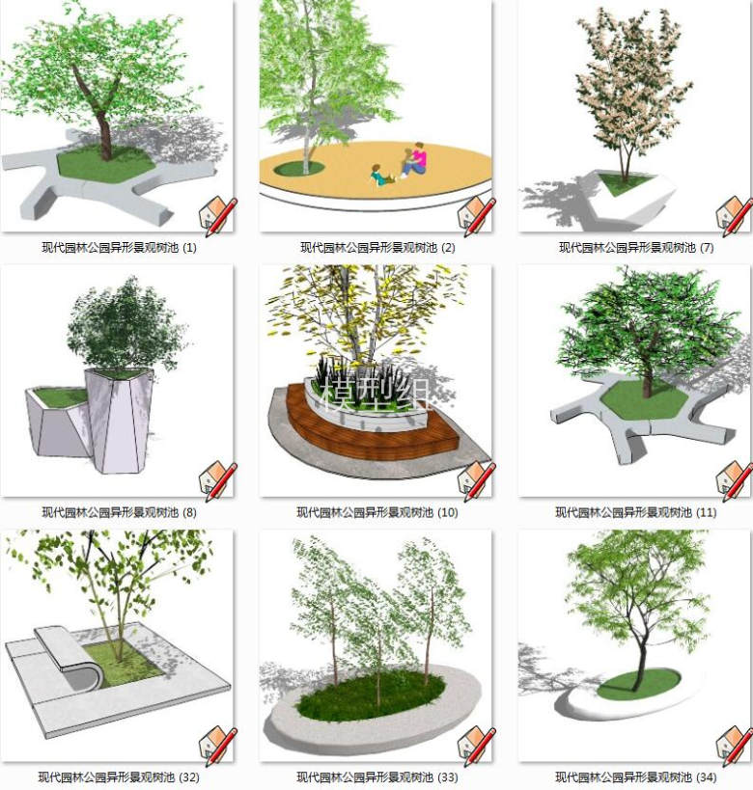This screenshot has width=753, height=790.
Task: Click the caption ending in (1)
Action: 119,247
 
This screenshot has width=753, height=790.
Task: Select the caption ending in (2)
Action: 377,247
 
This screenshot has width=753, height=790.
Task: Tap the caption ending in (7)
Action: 636,247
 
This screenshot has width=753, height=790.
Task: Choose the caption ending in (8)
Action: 119,512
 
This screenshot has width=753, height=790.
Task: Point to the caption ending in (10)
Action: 377,512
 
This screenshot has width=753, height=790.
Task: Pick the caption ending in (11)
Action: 636,512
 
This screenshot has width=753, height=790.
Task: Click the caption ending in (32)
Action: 119,776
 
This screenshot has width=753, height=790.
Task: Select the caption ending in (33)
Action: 377,776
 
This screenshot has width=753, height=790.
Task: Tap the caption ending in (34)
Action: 636,776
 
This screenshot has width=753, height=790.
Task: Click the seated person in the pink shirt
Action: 415,159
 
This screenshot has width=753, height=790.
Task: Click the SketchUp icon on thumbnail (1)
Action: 217,216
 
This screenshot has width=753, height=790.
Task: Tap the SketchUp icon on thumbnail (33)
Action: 476,745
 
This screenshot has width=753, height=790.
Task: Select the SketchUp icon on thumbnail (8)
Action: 217,480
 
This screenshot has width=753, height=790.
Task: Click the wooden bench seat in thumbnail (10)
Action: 368,432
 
